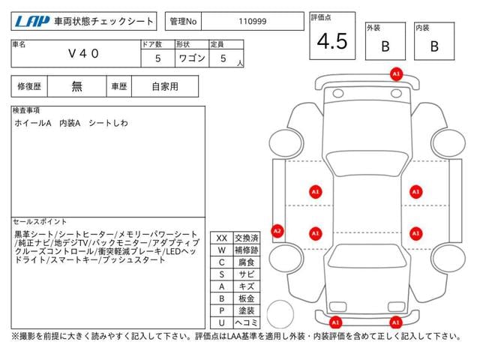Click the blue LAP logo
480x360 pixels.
[32, 22]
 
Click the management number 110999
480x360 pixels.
[253, 22]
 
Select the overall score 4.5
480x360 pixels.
[332, 41]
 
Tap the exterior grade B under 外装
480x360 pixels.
[385, 46]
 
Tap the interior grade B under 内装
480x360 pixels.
[434, 46]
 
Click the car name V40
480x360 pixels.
[83, 54]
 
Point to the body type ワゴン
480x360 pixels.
[192, 58]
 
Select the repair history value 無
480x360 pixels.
[76, 87]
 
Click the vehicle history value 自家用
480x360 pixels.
[165, 87]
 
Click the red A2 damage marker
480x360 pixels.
[277, 231]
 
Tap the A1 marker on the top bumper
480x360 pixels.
[396, 74]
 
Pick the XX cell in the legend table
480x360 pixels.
[222, 238]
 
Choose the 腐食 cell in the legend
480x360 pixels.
[247, 262]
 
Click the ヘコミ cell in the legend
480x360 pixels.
[247, 322]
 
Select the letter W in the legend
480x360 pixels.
[222, 250]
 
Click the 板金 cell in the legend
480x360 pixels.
[247, 298]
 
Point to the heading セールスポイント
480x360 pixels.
[40, 222]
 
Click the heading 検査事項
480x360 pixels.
[26, 110]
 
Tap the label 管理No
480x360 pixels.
[183, 22]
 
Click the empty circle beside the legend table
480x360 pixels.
[280, 301]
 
